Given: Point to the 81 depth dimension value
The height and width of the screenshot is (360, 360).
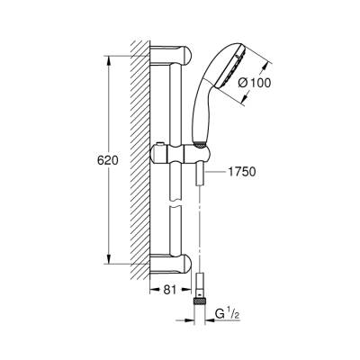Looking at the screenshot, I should [169, 290].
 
